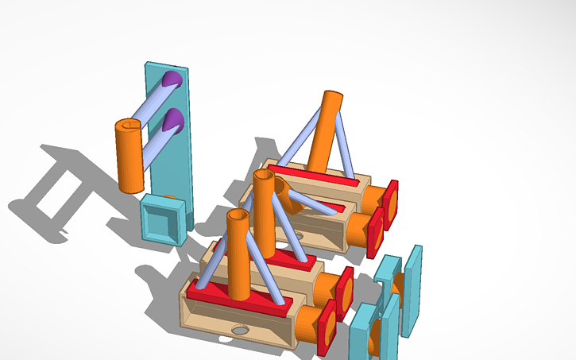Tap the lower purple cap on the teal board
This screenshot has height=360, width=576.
[172, 122]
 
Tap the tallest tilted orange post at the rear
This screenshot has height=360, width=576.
[326, 127]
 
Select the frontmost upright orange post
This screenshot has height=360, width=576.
[238, 258]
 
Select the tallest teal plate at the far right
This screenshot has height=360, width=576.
[412, 290]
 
